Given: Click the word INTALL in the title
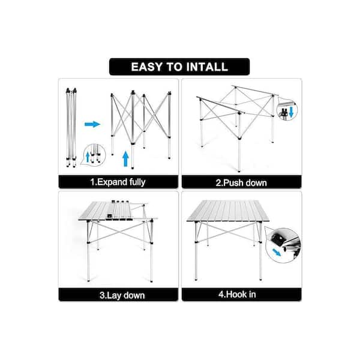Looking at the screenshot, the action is tap(207, 67).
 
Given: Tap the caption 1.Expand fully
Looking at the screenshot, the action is tap(118, 182).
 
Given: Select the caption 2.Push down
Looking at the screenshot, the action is tap(241, 183).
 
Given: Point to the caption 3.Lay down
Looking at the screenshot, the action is tap(122, 295).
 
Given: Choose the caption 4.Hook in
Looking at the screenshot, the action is tap(237, 295).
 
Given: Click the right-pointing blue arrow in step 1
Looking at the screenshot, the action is tap(92, 124).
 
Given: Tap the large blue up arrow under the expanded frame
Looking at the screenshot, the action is tap(125, 158).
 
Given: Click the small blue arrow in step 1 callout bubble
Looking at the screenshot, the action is tap(88, 157).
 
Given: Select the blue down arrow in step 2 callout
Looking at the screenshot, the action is tap(291, 112).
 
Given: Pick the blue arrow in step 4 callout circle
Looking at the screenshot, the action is tap(277, 253).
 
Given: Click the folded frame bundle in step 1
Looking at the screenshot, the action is tap(71, 127).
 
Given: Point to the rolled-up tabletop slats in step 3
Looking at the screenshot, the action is tap(121, 210).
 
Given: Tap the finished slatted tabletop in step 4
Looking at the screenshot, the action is tap(228, 211).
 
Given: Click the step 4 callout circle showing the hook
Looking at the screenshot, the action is tap(283, 245).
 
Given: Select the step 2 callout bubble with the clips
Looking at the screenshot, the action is tap(287, 110).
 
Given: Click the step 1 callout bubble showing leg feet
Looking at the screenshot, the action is tap(94, 155).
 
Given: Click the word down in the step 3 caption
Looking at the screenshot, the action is tap(134, 295).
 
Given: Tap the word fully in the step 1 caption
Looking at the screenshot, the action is tap(137, 182).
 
